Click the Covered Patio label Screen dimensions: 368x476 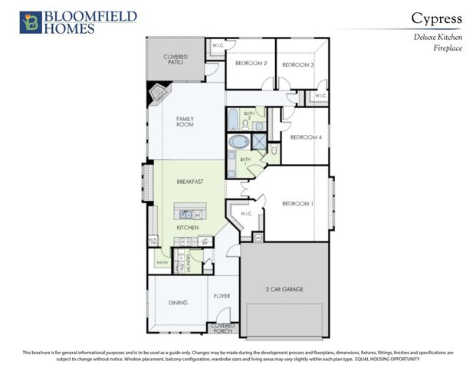(x=176, y=60)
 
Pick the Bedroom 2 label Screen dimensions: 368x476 (x=251, y=64)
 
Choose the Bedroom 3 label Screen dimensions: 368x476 (x=298, y=65)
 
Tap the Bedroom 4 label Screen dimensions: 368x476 (x=306, y=137)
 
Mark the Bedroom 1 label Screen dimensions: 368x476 (x=298, y=203)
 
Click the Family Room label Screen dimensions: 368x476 (x=185, y=122)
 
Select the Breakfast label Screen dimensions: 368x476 (x=189, y=182)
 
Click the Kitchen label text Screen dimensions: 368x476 (x=189, y=228)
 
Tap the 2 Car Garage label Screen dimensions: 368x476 (x=285, y=289)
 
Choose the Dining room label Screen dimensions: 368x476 (x=178, y=303)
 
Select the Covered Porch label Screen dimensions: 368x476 (x=223, y=328)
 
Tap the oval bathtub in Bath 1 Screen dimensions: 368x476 (x=239, y=143)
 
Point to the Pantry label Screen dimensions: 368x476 (x=162, y=263)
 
